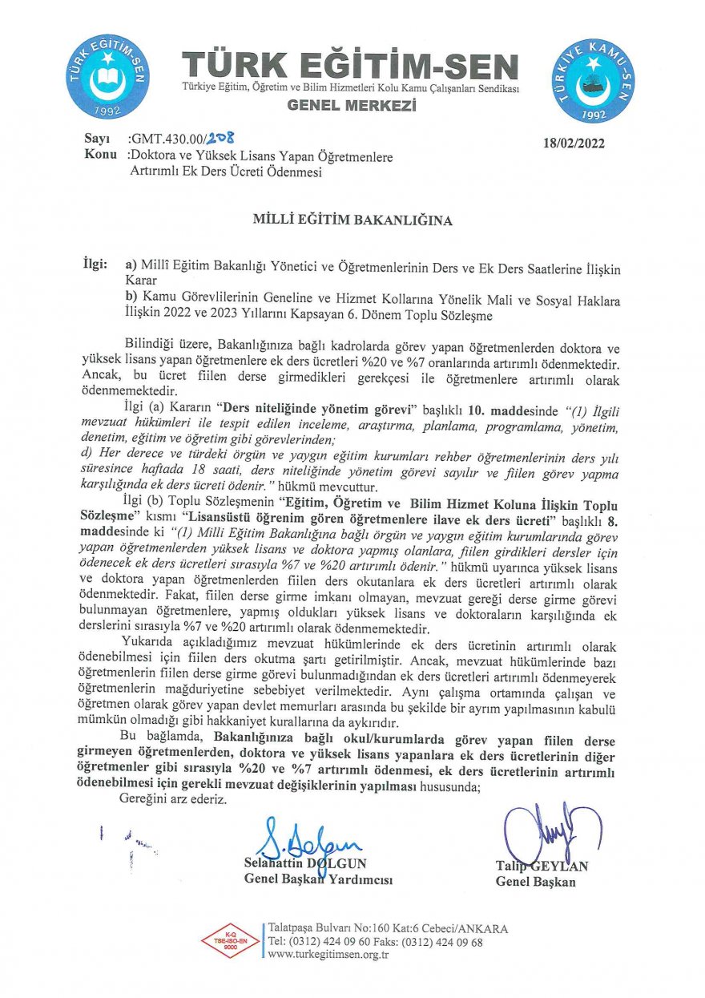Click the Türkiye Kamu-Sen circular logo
(x=594, y=79)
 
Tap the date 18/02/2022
(x=574, y=144)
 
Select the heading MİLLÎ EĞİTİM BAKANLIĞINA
(x=352, y=220)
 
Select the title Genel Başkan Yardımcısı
(x=318, y=880)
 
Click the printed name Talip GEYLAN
(x=542, y=866)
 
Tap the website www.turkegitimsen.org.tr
(x=328, y=955)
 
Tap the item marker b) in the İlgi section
(x=132, y=299)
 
